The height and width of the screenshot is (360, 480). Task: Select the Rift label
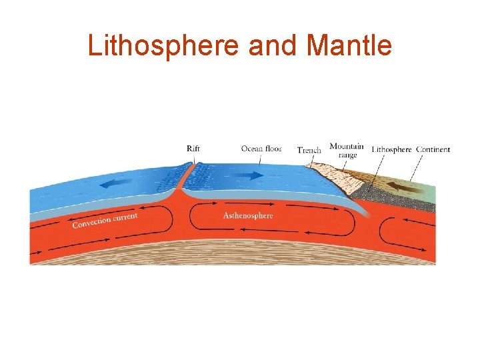[193, 149]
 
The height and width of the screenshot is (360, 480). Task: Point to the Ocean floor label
[261, 149]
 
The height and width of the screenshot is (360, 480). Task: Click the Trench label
[309, 150]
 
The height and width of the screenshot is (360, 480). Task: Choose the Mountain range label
[347, 151]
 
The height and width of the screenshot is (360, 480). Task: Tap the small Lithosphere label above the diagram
[391, 149]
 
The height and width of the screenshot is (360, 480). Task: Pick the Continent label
[433, 149]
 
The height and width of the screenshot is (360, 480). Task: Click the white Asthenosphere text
[248, 216]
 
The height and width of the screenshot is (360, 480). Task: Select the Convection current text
[105, 220]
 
